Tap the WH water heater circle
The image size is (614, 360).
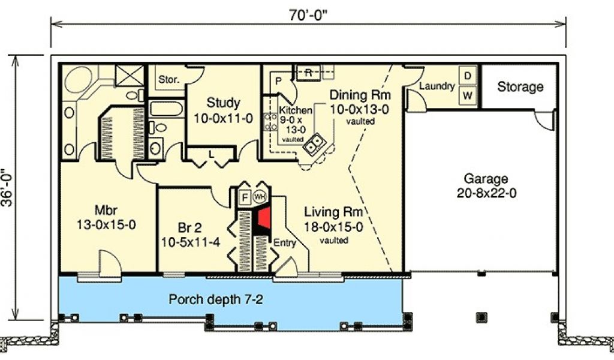click(x=259, y=196)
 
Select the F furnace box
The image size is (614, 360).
click(x=245, y=197)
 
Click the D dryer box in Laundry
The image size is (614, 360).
click(x=468, y=76)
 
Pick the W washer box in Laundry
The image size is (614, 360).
click(x=468, y=95)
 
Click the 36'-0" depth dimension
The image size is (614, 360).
click(x=8, y=187)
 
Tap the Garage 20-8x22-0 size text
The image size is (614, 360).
click(x=486, y=193)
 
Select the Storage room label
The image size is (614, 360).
click(x=520, y=87)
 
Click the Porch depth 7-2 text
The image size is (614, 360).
click(x=216, y=299)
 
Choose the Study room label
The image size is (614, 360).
click(x=223, y=103)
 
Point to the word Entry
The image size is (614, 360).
click(x=285, y=243)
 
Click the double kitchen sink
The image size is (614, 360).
click(x=315, y=143)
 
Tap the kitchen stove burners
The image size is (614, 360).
click(x=270, y=121)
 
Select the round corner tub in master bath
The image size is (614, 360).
click(x=79, y=80)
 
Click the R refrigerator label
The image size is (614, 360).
click(x=308, y=73)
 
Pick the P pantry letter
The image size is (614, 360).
click(x=278, y=81)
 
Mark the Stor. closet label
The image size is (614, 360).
click(x=168, y=80)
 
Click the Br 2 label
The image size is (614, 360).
click(x=189, y=227)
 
